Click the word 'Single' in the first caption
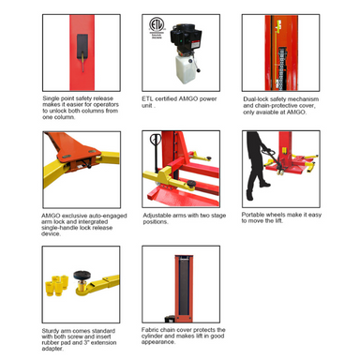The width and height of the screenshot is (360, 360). tap(53, 97)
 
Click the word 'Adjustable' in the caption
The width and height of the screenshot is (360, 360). tap(157, 213)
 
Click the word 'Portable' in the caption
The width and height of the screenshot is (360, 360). tap(256, 213)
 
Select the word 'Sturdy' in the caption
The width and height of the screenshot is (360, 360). tap(52, 330)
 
